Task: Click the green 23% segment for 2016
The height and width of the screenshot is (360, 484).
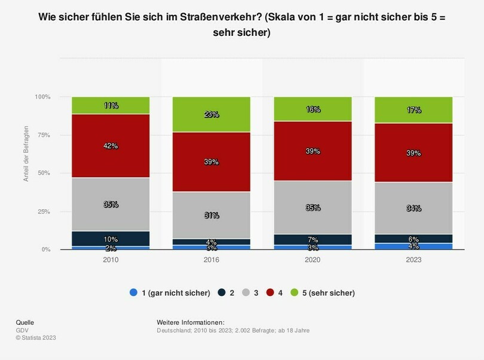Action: (x=212, y=114)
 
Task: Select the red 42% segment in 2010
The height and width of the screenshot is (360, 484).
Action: (x=111, y=146)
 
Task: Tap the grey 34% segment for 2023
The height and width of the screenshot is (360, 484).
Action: (x=413, y=208)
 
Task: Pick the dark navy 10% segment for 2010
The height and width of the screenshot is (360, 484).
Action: (x=111, y=239)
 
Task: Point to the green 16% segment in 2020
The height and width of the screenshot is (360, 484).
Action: (x=313, y=109)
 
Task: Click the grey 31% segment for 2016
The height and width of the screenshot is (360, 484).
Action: (x=212, y=215)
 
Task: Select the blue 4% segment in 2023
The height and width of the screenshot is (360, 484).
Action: (x=413, y=246)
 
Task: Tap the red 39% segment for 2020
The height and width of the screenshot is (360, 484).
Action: (x=313, y=151)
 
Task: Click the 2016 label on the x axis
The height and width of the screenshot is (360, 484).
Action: (x=212, y=260)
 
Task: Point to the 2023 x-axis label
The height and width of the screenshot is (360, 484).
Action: (x=413, y=260)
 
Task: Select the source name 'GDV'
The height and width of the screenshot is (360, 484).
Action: (x=22, y=330)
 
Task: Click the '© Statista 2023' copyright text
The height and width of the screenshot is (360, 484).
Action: (x=36, y=338)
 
